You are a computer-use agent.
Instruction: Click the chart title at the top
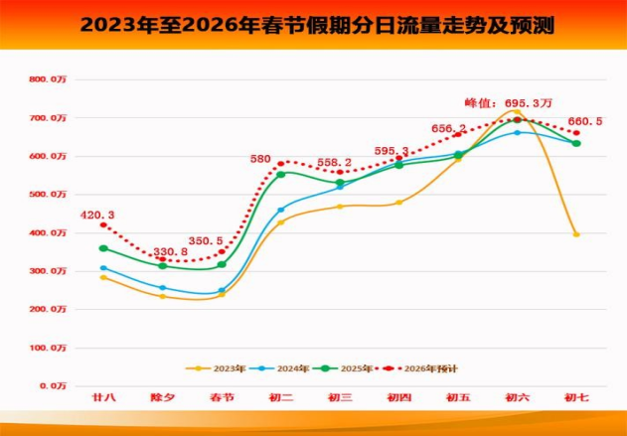coord(314,24)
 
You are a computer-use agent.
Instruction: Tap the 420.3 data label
coord(97,215)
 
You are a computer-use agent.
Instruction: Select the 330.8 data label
coord(170,252)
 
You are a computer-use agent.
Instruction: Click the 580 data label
coord(260,159)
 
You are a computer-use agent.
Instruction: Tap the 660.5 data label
coord(584,121)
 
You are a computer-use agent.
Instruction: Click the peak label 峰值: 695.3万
coord(508,102)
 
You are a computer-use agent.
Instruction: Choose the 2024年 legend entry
coord(286,368)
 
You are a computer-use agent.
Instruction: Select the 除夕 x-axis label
coord(163,397)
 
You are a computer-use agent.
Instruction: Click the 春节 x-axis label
coord(222,397)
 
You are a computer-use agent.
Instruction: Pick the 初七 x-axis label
coord(576,397)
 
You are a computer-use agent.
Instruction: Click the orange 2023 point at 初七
coord(576,234)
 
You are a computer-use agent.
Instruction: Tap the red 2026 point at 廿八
coord(103,225)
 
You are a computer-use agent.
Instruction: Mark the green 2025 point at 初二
coord(280,174)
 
